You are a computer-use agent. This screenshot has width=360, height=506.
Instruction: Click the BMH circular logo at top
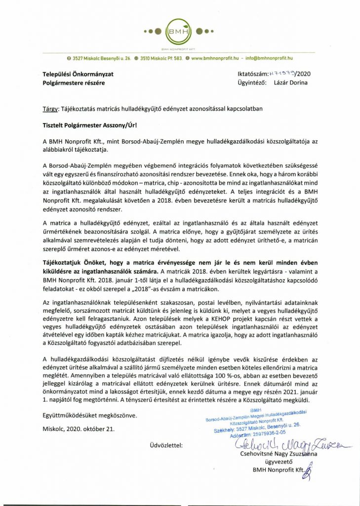click(179, 31)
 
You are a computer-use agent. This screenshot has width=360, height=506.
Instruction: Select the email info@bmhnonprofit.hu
click(269, 58)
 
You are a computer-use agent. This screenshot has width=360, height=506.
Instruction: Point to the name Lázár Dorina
click(291, 83)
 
